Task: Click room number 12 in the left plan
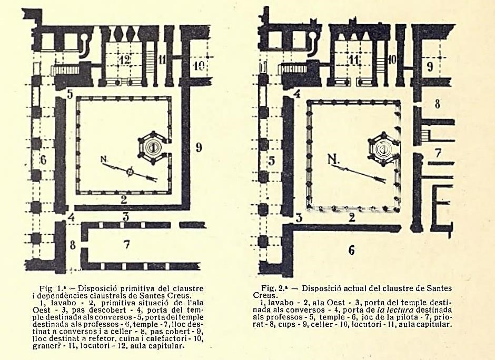(124, 60)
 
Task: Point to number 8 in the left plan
(73, 244)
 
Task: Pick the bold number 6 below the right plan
(351, 251)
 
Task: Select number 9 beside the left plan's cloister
(199, 147)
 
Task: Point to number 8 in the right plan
(438, 104)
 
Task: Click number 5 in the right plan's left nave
(272, 161)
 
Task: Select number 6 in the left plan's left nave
(44, 159)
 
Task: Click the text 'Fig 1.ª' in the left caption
(51, 288)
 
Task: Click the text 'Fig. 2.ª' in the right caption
(274, 288)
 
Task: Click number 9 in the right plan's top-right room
(429, 67)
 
